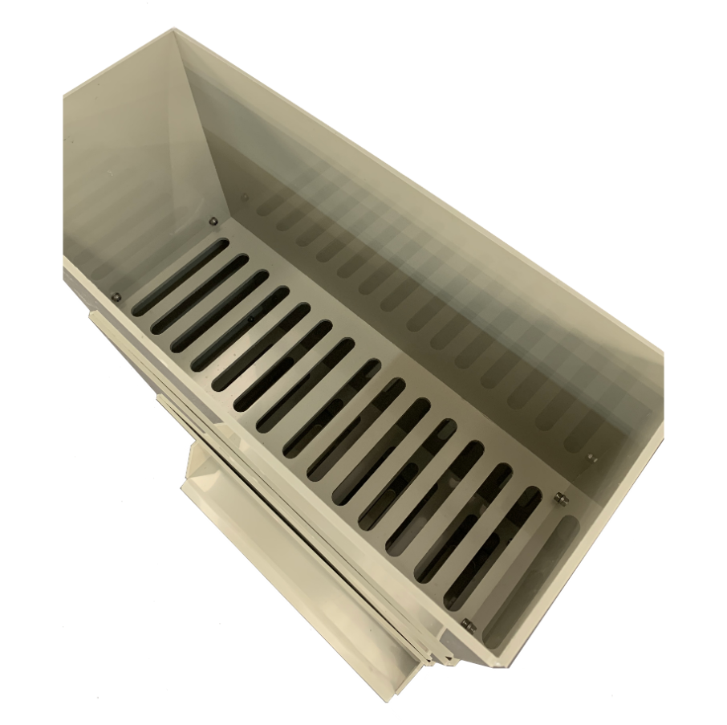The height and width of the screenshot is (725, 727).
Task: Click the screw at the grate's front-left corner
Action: point(116,297)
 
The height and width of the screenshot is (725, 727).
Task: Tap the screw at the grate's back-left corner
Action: point(213,222)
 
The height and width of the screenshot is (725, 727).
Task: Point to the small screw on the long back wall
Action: point(245,196)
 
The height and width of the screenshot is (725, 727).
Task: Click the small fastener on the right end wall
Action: point(591,458)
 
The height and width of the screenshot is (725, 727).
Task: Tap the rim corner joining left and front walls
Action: point(64,96)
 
